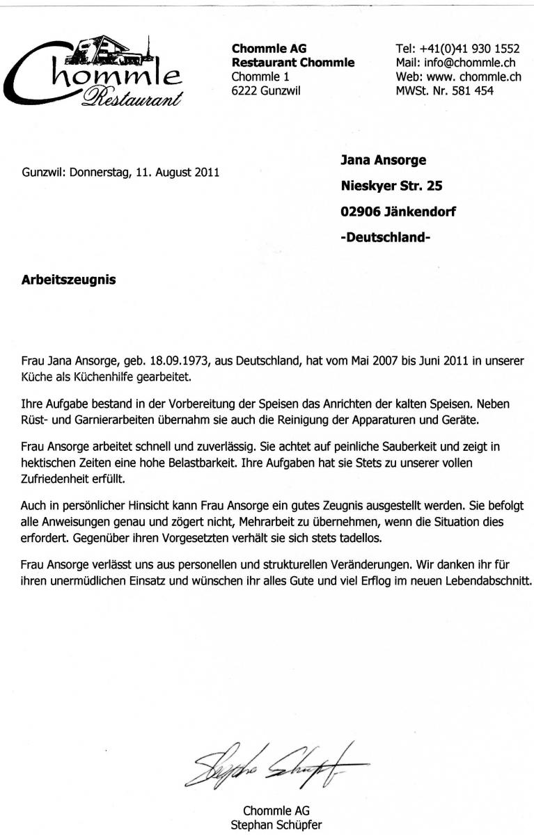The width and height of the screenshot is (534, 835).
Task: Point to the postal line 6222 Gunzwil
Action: pyautogui.click(x=266, y=90)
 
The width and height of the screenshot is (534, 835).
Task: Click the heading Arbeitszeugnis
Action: pyautogui.click(x=70, y=281)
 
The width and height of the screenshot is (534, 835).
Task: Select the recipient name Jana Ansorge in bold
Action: pyautogui.click(x=383, y=161)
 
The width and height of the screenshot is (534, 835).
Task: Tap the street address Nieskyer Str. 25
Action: pyautogui.click(x=391, y=186)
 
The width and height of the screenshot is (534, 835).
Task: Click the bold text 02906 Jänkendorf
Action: pyautogui.click(x=398, y=212)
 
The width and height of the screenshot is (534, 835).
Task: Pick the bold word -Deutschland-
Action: pyautogui.click(x=386, y=237)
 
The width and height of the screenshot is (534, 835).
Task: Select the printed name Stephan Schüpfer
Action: pyautogui.click(x=276, y=827)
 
